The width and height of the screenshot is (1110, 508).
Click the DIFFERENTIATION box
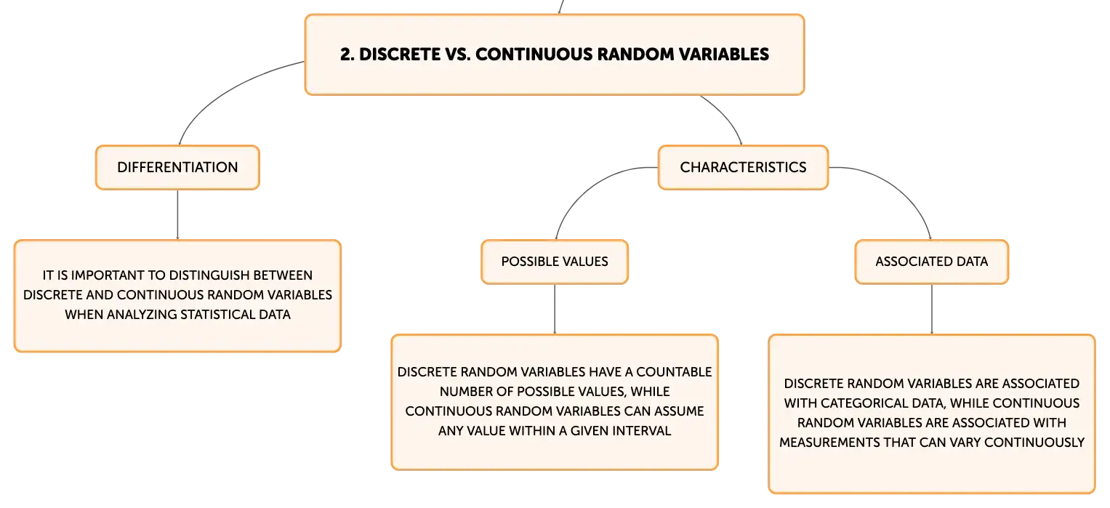pos(177,167)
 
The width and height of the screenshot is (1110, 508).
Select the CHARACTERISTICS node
pos(743,167)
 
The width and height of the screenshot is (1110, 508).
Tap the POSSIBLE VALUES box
pos(555,262)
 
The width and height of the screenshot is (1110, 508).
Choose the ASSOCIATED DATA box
pos(932,262)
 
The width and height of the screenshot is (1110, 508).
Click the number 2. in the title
pos(347,55)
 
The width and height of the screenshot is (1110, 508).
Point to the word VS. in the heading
pos(457,55)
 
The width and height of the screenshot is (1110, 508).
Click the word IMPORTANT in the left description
pos(108,275)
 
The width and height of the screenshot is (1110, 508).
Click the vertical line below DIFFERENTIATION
pos(177,214)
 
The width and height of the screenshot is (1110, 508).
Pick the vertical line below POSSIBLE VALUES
pos(555,310)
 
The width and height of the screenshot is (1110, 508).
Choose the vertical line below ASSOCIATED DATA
pos(932,310)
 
